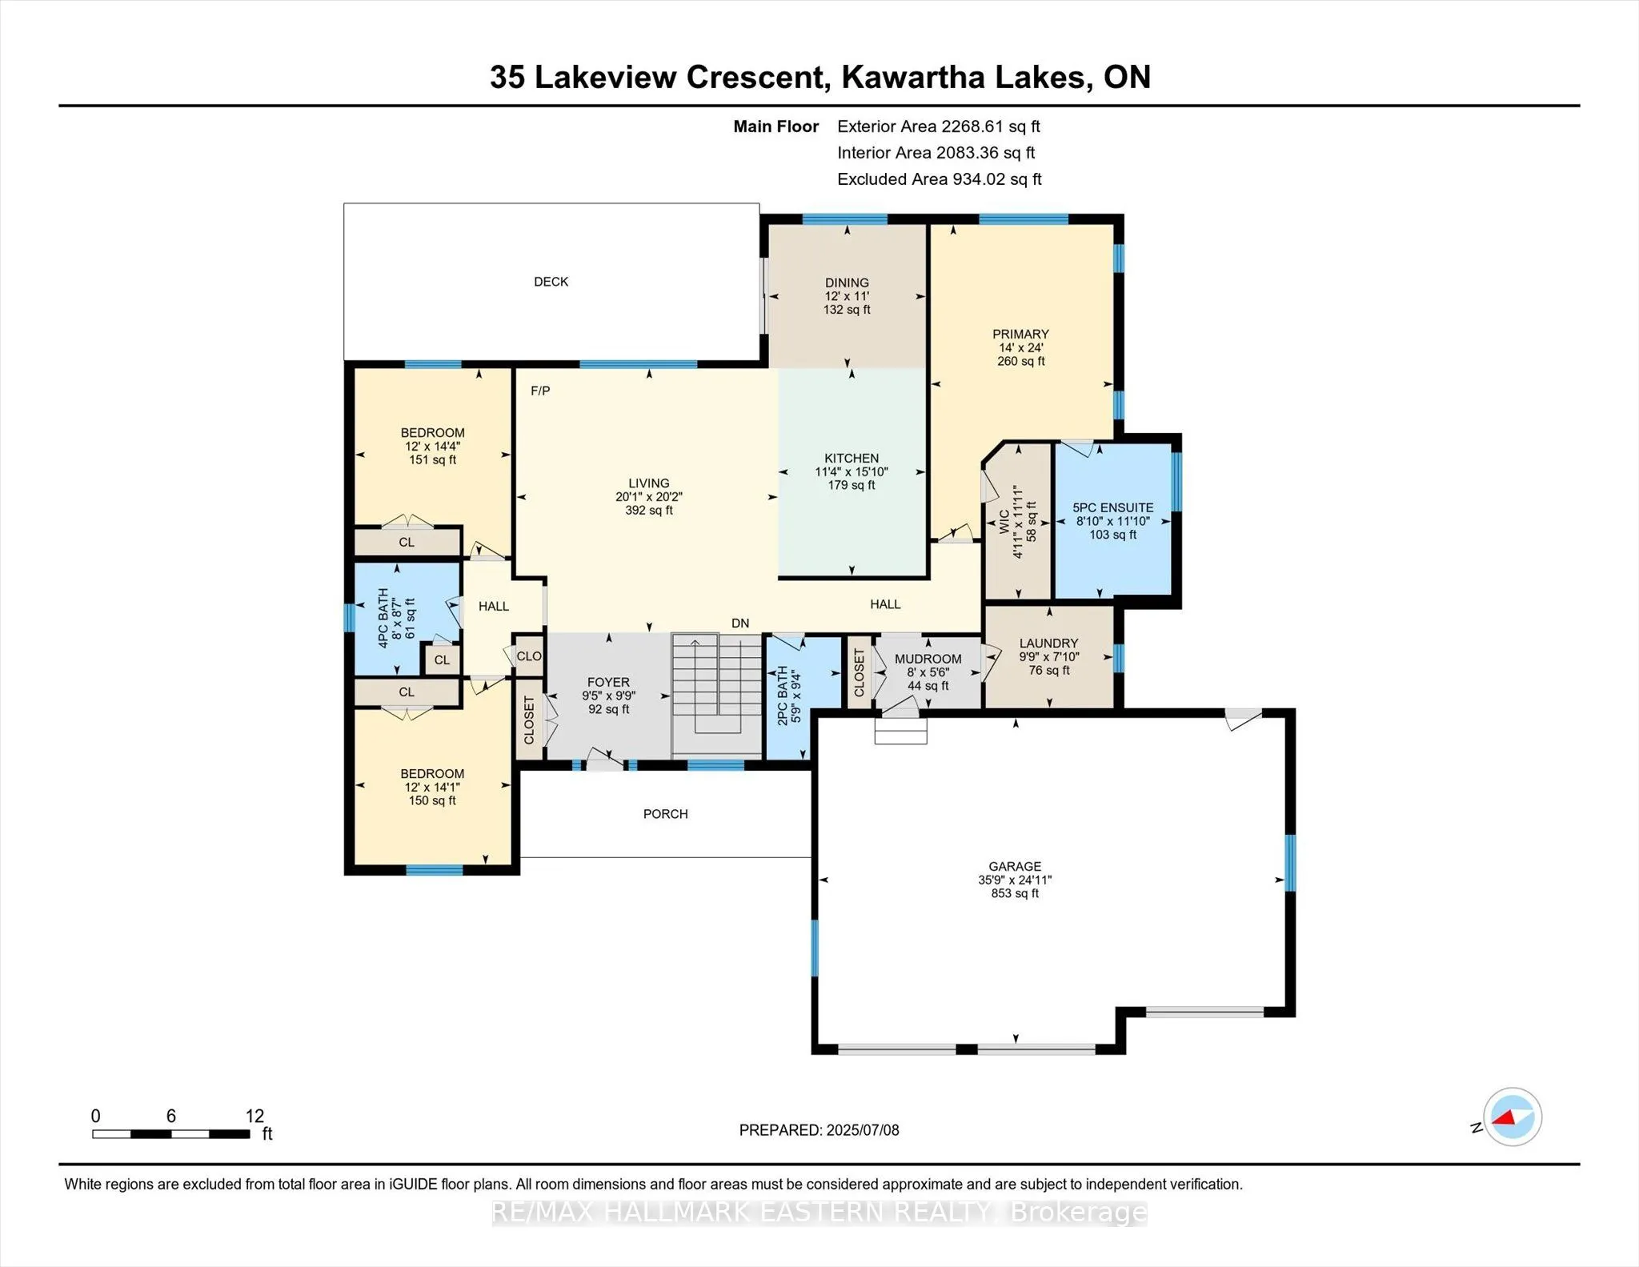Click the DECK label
point(551,282)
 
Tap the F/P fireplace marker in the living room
point(540,391)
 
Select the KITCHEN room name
point(852,459)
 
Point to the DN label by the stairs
point(740,623)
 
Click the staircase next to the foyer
point(717,694)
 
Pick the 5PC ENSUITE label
point(1113,507)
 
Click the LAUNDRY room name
point(1048,643)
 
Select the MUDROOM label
point(928,659)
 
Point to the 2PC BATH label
point(783,696)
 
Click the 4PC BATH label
point(383,618)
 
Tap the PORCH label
point(666,814)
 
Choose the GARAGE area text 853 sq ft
point(1015,893)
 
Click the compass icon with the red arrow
point(1513,1117)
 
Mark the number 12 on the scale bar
point(254,1116)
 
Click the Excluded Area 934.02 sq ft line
point(940,179)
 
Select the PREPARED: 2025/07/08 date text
point(819,1130)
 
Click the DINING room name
point(847,283)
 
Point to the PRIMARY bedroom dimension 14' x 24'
point(1020,347)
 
